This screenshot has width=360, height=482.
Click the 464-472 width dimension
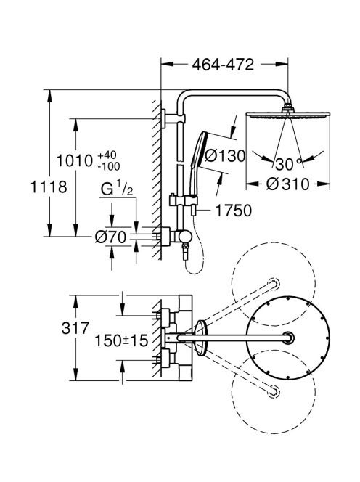pos(224,65)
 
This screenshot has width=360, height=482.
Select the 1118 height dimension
pos(49,187)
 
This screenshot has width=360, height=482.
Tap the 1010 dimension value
pos(75,160)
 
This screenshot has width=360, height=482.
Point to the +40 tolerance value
pos(107,155)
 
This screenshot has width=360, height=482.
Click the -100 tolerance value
pos(109,166)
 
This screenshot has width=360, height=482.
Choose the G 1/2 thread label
pos(117,189)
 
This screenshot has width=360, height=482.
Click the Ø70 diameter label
pos(110,237)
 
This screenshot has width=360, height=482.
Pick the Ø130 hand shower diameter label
pos(225,156)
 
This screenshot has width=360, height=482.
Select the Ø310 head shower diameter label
pos(287,184)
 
